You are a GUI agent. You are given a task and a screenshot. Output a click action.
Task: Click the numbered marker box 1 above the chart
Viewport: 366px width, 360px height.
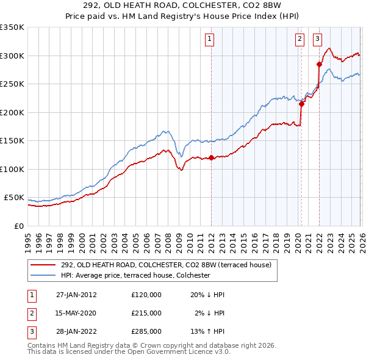(210, 39)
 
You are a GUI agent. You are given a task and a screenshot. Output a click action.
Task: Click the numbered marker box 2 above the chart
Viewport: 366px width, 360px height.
(300, 39)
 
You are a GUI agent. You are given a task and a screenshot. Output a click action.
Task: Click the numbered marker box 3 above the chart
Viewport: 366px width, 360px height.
(318, 39)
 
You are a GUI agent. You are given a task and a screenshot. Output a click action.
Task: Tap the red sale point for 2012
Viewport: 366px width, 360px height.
(211, 158)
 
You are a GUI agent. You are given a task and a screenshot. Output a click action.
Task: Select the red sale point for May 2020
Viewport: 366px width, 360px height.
(301, 104)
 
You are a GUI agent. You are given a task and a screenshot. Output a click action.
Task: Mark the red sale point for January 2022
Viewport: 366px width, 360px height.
(319, 64)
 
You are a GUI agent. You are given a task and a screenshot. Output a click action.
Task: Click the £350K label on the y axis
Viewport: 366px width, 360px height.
(12, 27)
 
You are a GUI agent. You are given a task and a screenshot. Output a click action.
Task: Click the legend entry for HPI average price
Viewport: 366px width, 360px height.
(135, 276)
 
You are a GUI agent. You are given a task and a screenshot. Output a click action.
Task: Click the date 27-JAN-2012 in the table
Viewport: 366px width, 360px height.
(76, 295)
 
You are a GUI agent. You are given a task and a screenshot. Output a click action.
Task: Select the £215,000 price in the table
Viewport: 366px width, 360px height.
(146, 313)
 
